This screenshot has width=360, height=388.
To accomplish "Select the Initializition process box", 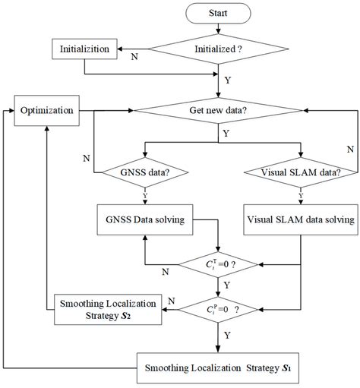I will click(x=84, y=50).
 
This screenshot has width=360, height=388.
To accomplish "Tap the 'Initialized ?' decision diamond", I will click(x=219, y=50).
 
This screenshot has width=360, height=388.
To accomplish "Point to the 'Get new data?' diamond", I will click(x=219, y=111).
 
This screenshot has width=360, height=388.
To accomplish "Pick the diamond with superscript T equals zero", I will click(x=219, y=264).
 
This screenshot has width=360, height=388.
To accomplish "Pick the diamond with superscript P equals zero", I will click(x=219, y=311).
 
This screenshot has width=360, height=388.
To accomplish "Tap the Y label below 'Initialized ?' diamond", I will click(x=228, y=77).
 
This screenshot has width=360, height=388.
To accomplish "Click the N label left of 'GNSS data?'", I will click(x=86, y=158).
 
